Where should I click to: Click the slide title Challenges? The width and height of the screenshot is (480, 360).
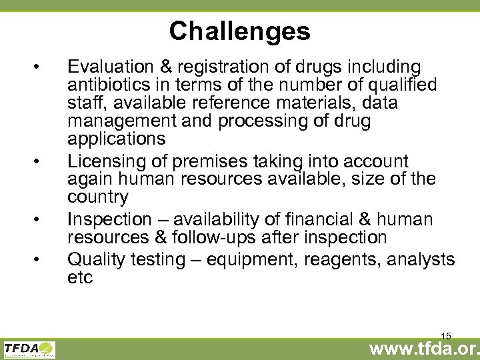[x=239, y=31]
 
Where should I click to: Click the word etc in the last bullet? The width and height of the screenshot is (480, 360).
[x=80, y=277]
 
